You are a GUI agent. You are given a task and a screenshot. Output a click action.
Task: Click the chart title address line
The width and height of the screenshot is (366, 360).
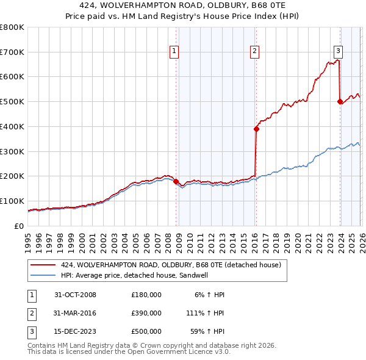[x=183, y=5]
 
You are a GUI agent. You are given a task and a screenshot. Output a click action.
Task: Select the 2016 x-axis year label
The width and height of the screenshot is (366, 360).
[x=254, y=237]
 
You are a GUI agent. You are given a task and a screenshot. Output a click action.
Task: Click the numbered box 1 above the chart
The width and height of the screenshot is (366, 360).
[x=174, y=52]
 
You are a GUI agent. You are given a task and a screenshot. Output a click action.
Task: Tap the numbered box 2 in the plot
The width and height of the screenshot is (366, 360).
[x=254, y=52]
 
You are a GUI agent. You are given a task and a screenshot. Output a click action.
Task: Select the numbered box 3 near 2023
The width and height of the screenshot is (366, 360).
[x=338, y=52]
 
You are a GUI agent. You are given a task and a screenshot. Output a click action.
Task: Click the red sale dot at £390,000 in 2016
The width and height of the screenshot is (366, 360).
[x=256, y=129]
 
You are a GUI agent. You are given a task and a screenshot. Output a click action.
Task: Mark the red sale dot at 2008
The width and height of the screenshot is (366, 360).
[x=176, y=181]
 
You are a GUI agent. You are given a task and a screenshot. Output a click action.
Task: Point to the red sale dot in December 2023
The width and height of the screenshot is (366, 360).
[x=340, y=102]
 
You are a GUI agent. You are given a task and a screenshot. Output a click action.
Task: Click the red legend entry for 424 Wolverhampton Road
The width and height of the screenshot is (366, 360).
[x=171, y=265]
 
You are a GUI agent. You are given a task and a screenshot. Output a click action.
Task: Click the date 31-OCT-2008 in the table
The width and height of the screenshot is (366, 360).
[x=75, y=295]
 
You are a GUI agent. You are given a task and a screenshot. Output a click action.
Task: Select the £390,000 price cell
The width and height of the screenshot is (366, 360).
[x=146, y=313]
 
